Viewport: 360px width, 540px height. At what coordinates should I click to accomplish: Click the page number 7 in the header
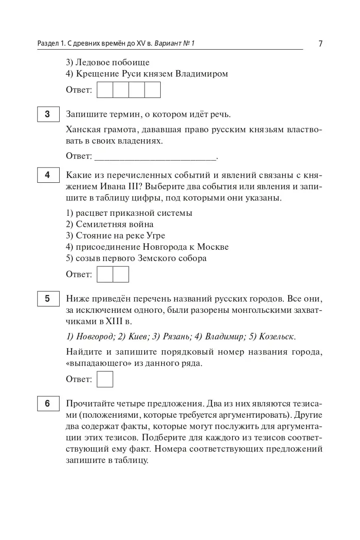tap(320, 44)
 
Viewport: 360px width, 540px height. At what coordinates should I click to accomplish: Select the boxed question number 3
tap(47, 114)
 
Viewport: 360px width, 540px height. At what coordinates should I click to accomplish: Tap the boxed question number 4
tap(47, 175)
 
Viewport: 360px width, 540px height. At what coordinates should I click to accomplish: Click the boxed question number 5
tap(47, 299)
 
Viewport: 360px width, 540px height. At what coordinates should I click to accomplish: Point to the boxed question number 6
tap(47, 403)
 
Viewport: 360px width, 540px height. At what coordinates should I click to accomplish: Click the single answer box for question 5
tap(105, 379)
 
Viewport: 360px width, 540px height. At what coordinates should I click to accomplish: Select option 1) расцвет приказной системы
tap(129, 213)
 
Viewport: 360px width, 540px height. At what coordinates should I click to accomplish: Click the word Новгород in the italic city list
tap(95, 336)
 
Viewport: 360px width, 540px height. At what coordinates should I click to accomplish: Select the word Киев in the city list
tap(135, 336)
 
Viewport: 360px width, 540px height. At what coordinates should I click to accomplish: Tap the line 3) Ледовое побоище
tap(108, 62)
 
